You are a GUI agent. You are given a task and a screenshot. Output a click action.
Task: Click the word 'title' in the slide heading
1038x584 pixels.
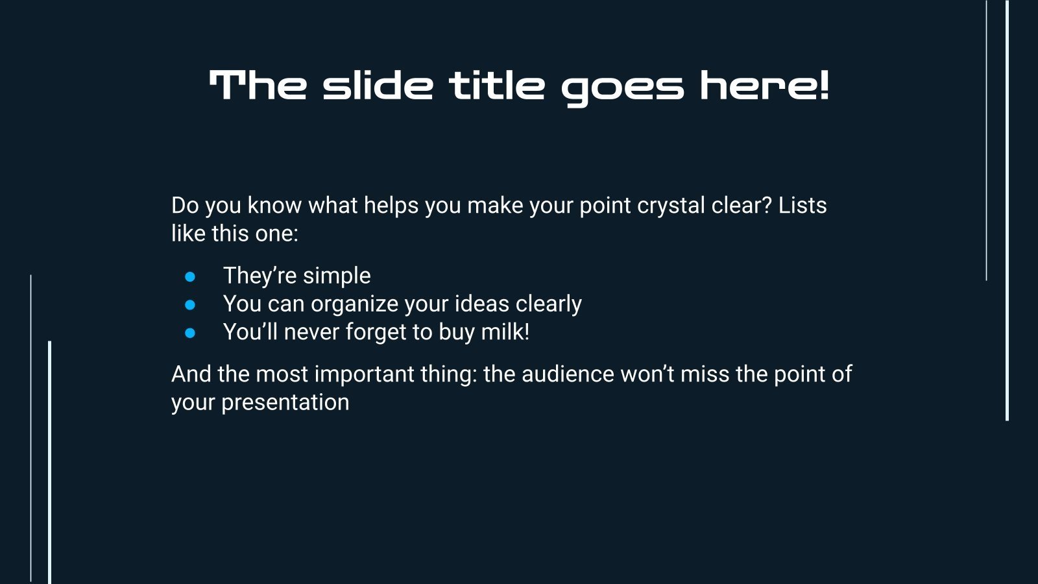pyautogui.click(x=496, y=85)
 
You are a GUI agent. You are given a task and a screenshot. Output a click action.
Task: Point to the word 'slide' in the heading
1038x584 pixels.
pyautogui.click(x=378, y=85)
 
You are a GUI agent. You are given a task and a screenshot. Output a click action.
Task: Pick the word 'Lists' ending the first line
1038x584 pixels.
pyautogui.click(x=803, y=205)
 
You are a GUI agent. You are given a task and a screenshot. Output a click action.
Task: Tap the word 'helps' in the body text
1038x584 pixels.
pyautogui.click(x=391, y=206)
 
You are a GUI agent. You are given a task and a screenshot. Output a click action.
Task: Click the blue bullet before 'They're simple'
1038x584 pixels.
pyautogui.click(x=190, y=276)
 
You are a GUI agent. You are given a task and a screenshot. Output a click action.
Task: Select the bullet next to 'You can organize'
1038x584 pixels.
pyautogui.click(x=190, y=304)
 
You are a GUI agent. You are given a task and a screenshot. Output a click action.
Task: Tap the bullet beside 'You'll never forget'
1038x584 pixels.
pyautogui.click(x=190, y=333)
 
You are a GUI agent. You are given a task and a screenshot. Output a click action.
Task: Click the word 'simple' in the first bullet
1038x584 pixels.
pyautogui.click(x=337, y=276)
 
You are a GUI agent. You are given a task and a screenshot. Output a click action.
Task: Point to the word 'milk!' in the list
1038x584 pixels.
pyautogui.click(x=505, y=332)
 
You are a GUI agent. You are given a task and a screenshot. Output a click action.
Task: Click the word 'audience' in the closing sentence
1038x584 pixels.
pyautogui.click(x=568, y=374)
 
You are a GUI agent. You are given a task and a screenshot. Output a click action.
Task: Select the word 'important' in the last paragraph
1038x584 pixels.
pyautogui.click(x=364, y=375)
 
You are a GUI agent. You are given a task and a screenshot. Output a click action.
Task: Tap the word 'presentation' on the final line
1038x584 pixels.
pyautogui.click(x=285, y=403)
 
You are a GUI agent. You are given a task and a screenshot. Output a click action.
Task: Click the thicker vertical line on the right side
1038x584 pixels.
pyautogui.click(x=1007, y=210)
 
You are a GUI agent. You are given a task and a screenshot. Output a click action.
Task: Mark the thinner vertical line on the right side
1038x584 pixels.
pyautogui.click(x=986, y=140)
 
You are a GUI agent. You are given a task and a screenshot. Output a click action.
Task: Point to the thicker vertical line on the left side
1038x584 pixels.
pyautogui.click(x=49, y=463)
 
